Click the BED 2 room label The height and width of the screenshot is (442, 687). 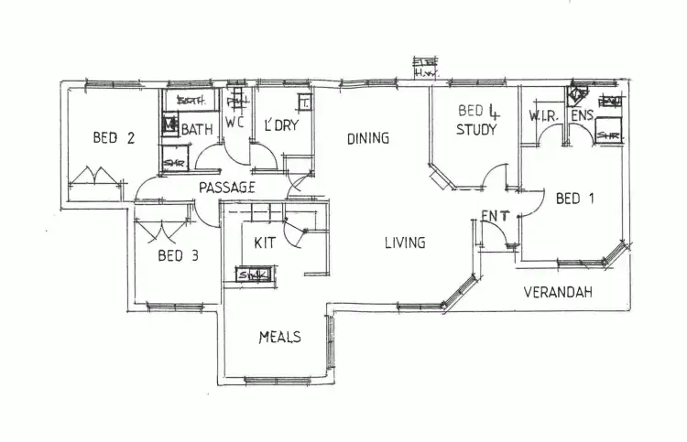click(114, 138)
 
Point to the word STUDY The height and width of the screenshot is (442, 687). click(476, 130)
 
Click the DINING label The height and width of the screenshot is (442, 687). click(368, 138)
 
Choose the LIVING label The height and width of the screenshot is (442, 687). click(405, 243)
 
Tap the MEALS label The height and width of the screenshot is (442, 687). click(279, 337)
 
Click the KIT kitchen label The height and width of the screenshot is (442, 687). click(266, 243)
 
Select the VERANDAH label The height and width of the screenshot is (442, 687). click(558, 293)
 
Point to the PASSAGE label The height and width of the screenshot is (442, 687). click(226, 188)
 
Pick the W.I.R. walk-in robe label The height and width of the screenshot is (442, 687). click(543, 116)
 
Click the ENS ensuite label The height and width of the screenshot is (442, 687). click(583, 116)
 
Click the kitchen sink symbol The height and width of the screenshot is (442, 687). click(253, 274)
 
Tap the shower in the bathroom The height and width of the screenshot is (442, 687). click(174, 162)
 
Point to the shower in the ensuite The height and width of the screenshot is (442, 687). click(609, 135)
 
